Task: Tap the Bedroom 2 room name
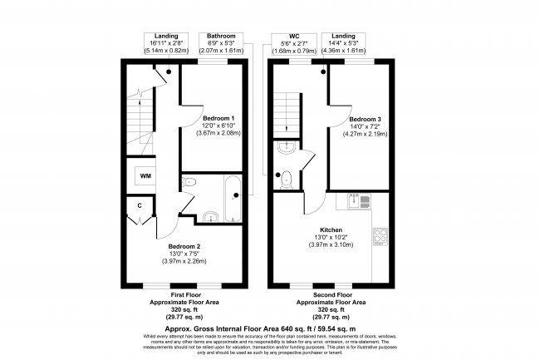[x=185, y=247]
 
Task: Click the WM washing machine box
[x=145, y=176]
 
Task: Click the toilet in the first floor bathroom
[x=209, y=218]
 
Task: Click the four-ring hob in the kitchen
[x=381, y=237]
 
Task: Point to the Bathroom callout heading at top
[x=221, y=37]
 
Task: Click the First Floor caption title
[x=186, y=295]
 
